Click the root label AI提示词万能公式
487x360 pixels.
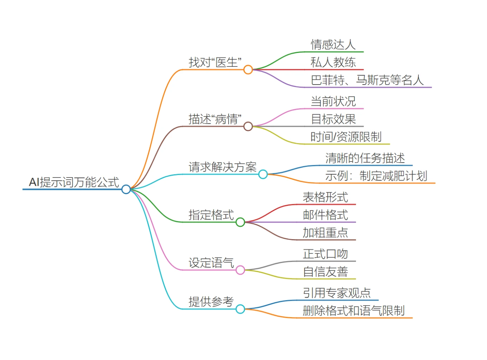click(74, 182)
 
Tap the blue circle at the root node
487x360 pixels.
click(126, 189)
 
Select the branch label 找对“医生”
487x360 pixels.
click(215, 62)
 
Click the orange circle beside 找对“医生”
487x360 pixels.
click(248, 70)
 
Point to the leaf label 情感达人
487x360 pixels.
click(333, 45)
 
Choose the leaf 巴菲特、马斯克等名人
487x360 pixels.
click(367, 80)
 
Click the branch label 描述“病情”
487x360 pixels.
click(215, 119)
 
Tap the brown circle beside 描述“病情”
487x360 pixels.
click(248, 126)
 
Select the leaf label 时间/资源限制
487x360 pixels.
click(346, 137)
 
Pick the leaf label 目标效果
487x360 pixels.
click(333, 119)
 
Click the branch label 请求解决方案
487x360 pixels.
click(222, 167)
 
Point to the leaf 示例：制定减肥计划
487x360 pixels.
click(376, 176)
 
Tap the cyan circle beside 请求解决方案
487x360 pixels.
click(263, 175)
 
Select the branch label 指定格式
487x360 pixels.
click(211, 215)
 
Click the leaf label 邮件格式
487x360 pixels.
click(326, 215)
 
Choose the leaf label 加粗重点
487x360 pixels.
click(326, 233)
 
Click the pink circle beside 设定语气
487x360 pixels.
click(240, 270)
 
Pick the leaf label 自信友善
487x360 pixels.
click(326, 271)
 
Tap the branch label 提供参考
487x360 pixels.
click(211, 302)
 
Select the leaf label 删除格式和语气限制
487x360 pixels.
click(353, 311)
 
